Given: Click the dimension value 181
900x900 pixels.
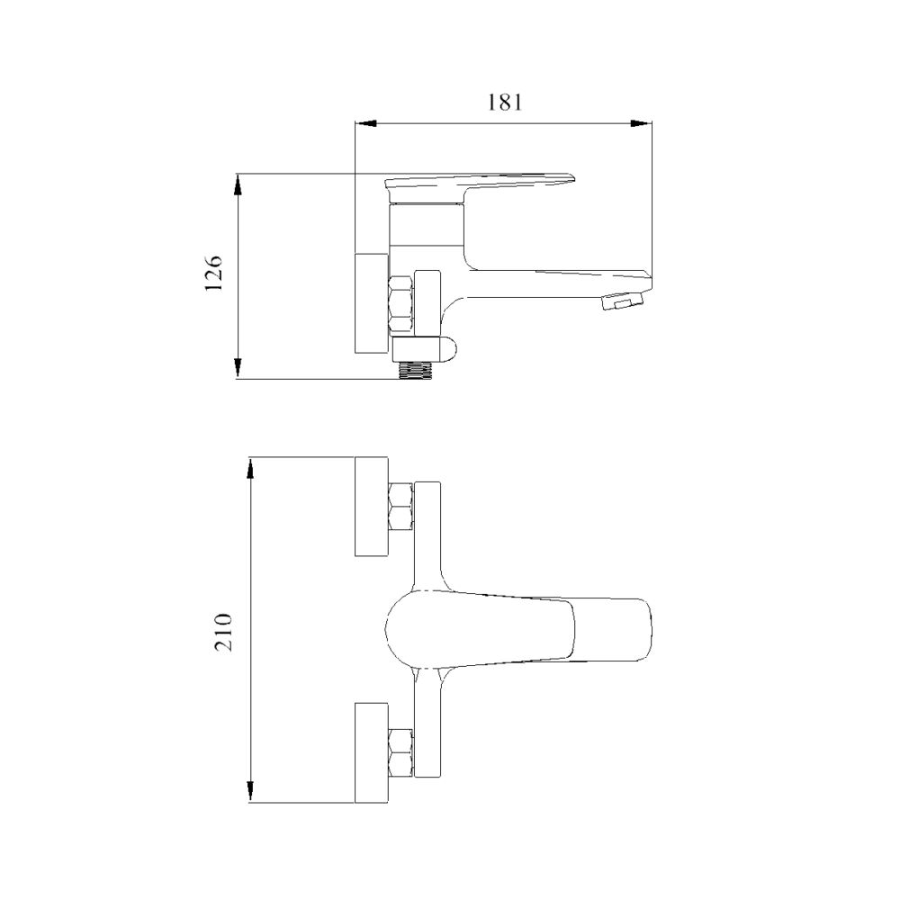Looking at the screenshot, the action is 505,103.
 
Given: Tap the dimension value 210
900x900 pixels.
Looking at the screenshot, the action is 223,632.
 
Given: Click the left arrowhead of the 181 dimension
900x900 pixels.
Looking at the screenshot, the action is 365,122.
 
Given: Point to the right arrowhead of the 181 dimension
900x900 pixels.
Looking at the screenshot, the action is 641,122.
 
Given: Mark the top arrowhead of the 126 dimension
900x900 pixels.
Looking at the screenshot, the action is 238,184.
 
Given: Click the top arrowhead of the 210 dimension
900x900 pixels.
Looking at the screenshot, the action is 250,469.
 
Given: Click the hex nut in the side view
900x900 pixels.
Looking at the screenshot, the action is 400,305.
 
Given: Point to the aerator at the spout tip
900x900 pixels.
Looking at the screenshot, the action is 622,301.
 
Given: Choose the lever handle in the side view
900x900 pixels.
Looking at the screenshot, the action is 480,184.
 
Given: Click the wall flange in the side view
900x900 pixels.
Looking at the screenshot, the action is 372,303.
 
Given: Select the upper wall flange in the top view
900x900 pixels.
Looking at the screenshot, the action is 372,507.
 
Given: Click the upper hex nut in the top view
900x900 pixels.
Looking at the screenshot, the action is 400,507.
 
